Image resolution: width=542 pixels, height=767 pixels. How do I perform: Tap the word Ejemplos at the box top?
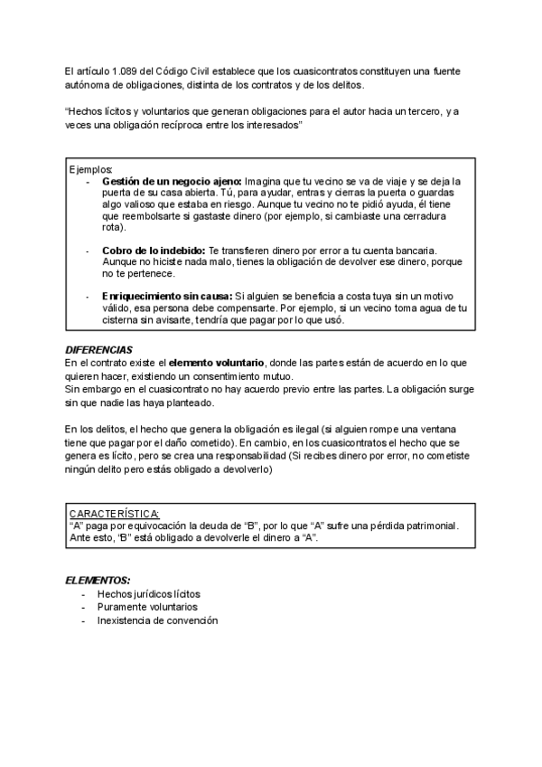[90, 170]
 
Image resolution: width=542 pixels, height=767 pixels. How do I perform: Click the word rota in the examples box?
[113, 227]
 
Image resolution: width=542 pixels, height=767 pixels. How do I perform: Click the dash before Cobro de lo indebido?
[87, 250]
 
